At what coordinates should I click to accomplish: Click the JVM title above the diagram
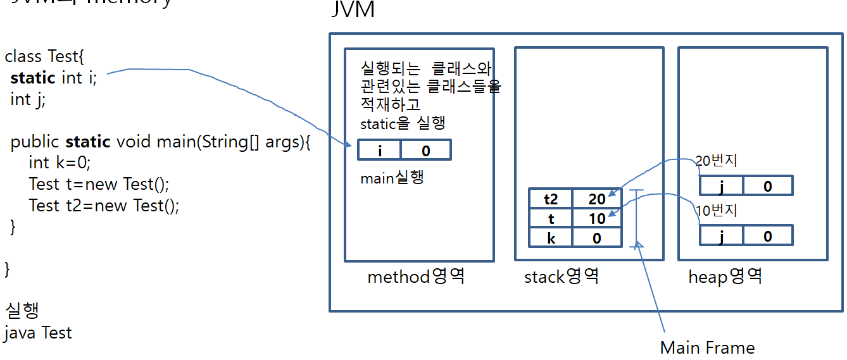pos(353,10)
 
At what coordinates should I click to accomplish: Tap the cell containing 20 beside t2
pos(597,199)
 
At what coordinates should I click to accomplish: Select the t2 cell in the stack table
pos(551,199)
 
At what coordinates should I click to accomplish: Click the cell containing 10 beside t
pos(597,218)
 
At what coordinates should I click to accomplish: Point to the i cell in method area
pos(380,151)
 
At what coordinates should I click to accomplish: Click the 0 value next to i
pos(425,151)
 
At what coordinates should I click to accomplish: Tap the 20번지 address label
pos(717,161)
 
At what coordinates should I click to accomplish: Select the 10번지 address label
pos(717,211)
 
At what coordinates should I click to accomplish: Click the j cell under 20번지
pos(721,186)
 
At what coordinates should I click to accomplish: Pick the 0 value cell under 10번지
pos(767,236)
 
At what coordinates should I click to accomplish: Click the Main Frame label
pos(707,347)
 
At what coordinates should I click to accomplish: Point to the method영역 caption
pos(416,276)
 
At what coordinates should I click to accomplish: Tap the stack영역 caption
pos(561,276)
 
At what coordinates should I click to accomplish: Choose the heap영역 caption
pos(725,276)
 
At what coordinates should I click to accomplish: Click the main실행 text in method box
pos(392,178)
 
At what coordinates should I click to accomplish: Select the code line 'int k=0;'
pos(60,163)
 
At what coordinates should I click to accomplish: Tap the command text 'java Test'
pos(38,333)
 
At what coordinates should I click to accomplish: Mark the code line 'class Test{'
pos(44,56)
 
